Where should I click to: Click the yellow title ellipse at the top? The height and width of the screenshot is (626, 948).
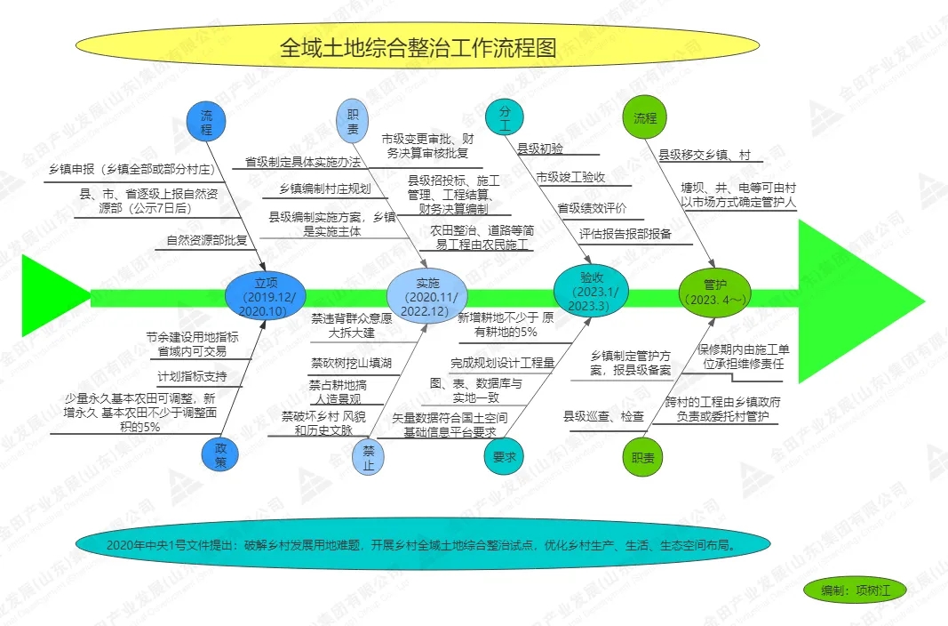418,47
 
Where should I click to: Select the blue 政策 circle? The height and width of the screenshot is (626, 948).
220,455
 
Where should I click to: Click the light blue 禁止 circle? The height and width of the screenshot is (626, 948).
369,457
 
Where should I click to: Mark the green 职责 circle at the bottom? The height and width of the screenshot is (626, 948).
642,457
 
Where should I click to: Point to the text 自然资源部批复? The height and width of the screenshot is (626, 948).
207,239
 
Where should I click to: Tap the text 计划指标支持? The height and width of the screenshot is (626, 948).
192,376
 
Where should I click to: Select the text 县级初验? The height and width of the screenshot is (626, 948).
540,148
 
